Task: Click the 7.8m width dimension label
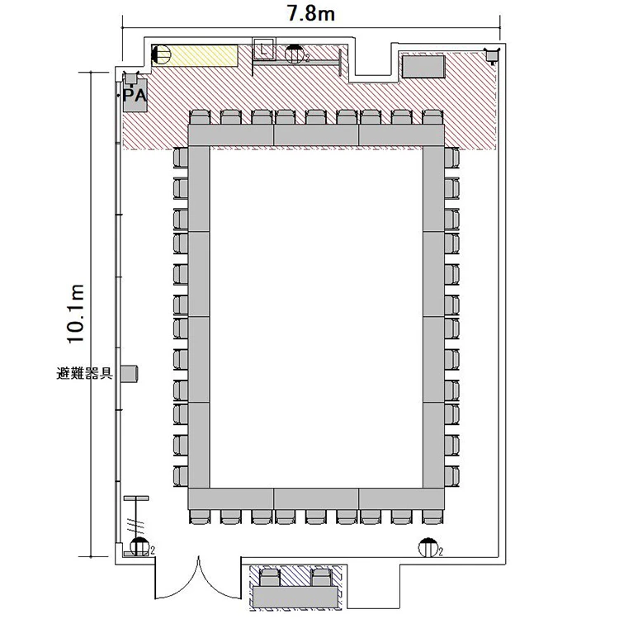pyautogui.click(x=311, y=14)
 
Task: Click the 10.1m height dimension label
pyautogui.click(x=75, y=314)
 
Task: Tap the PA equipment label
pyautogui.click(x=135, y=95)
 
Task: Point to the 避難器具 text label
pyautogui.click(x=85, y=373)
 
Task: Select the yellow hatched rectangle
pyautogui.click(x=195, y=55)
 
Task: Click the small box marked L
pyautogui.click(x=263, y=49)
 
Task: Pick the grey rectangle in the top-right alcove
pyautogui.click(x=423, y=67)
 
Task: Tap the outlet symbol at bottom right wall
pyautogui.click(x=428, y=547)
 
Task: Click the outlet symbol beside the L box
pyautogui.click(x=295, y=54)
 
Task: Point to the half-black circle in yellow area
pyautogui.click(x=162, y=54)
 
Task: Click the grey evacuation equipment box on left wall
pyautogui.click(x=130, y=373)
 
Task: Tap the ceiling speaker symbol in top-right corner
pyautogui.click(x=492, y=55)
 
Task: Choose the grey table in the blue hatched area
pyautogui.click(x=295, y=597)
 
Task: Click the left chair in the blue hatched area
pyautogui.click(x=270, y=577)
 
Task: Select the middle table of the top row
pyautogui.click(x=316, y=135)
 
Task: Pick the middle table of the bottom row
pyautogui.click(x=316, y=499)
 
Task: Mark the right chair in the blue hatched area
pyautogui.click(x=321, y=577)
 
